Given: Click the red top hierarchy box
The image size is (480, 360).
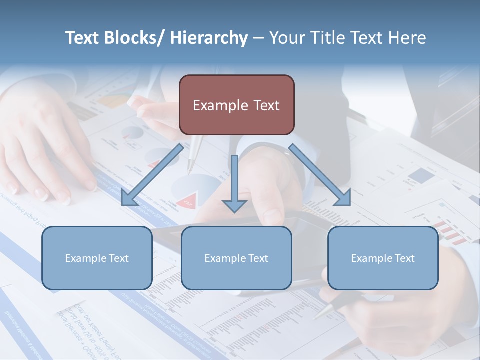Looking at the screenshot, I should point(236,105).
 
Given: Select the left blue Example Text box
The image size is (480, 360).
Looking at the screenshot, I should point(97,258).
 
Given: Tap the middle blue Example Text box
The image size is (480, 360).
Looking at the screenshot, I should point(236,258).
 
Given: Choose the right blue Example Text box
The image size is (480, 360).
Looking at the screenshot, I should point(383,258).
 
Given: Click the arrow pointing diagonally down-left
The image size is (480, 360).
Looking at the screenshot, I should point(152,175).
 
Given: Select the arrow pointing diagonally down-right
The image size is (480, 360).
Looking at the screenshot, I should point(320,175).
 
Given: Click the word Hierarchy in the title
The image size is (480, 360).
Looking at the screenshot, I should point(209,38).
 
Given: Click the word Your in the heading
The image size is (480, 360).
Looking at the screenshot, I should point(286,38).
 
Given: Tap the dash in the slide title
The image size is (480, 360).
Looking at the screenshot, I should point(258,38).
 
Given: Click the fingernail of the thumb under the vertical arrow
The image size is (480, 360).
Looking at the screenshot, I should point(272,216).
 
